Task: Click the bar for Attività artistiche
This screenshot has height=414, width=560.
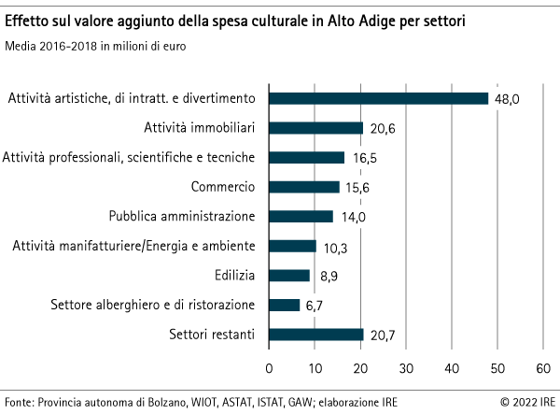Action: tap(378, 98)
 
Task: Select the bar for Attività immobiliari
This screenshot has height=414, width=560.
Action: tap(315, 128)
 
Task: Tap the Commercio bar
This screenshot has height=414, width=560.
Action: tap(304, 187)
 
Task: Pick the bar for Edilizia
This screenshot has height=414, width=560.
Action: tap(289, 276)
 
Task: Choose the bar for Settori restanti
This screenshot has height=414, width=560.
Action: tap(315, 335)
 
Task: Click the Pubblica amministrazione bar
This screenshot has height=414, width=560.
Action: tap(301, 217)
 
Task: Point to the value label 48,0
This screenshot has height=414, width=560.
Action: tap(507, 98)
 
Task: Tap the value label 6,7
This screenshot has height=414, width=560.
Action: tap(315, 306)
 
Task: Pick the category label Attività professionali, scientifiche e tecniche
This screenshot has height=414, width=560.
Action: tap(130, 158)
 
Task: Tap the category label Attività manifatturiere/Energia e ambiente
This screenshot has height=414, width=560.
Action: tap(133, 247)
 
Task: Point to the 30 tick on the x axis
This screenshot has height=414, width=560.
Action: tap(406, 366)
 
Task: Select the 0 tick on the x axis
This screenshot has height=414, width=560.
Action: tap(270, 366)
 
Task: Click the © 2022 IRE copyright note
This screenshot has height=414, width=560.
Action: tap(525, 404)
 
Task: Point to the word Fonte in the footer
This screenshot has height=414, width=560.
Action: tap(19, 404)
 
